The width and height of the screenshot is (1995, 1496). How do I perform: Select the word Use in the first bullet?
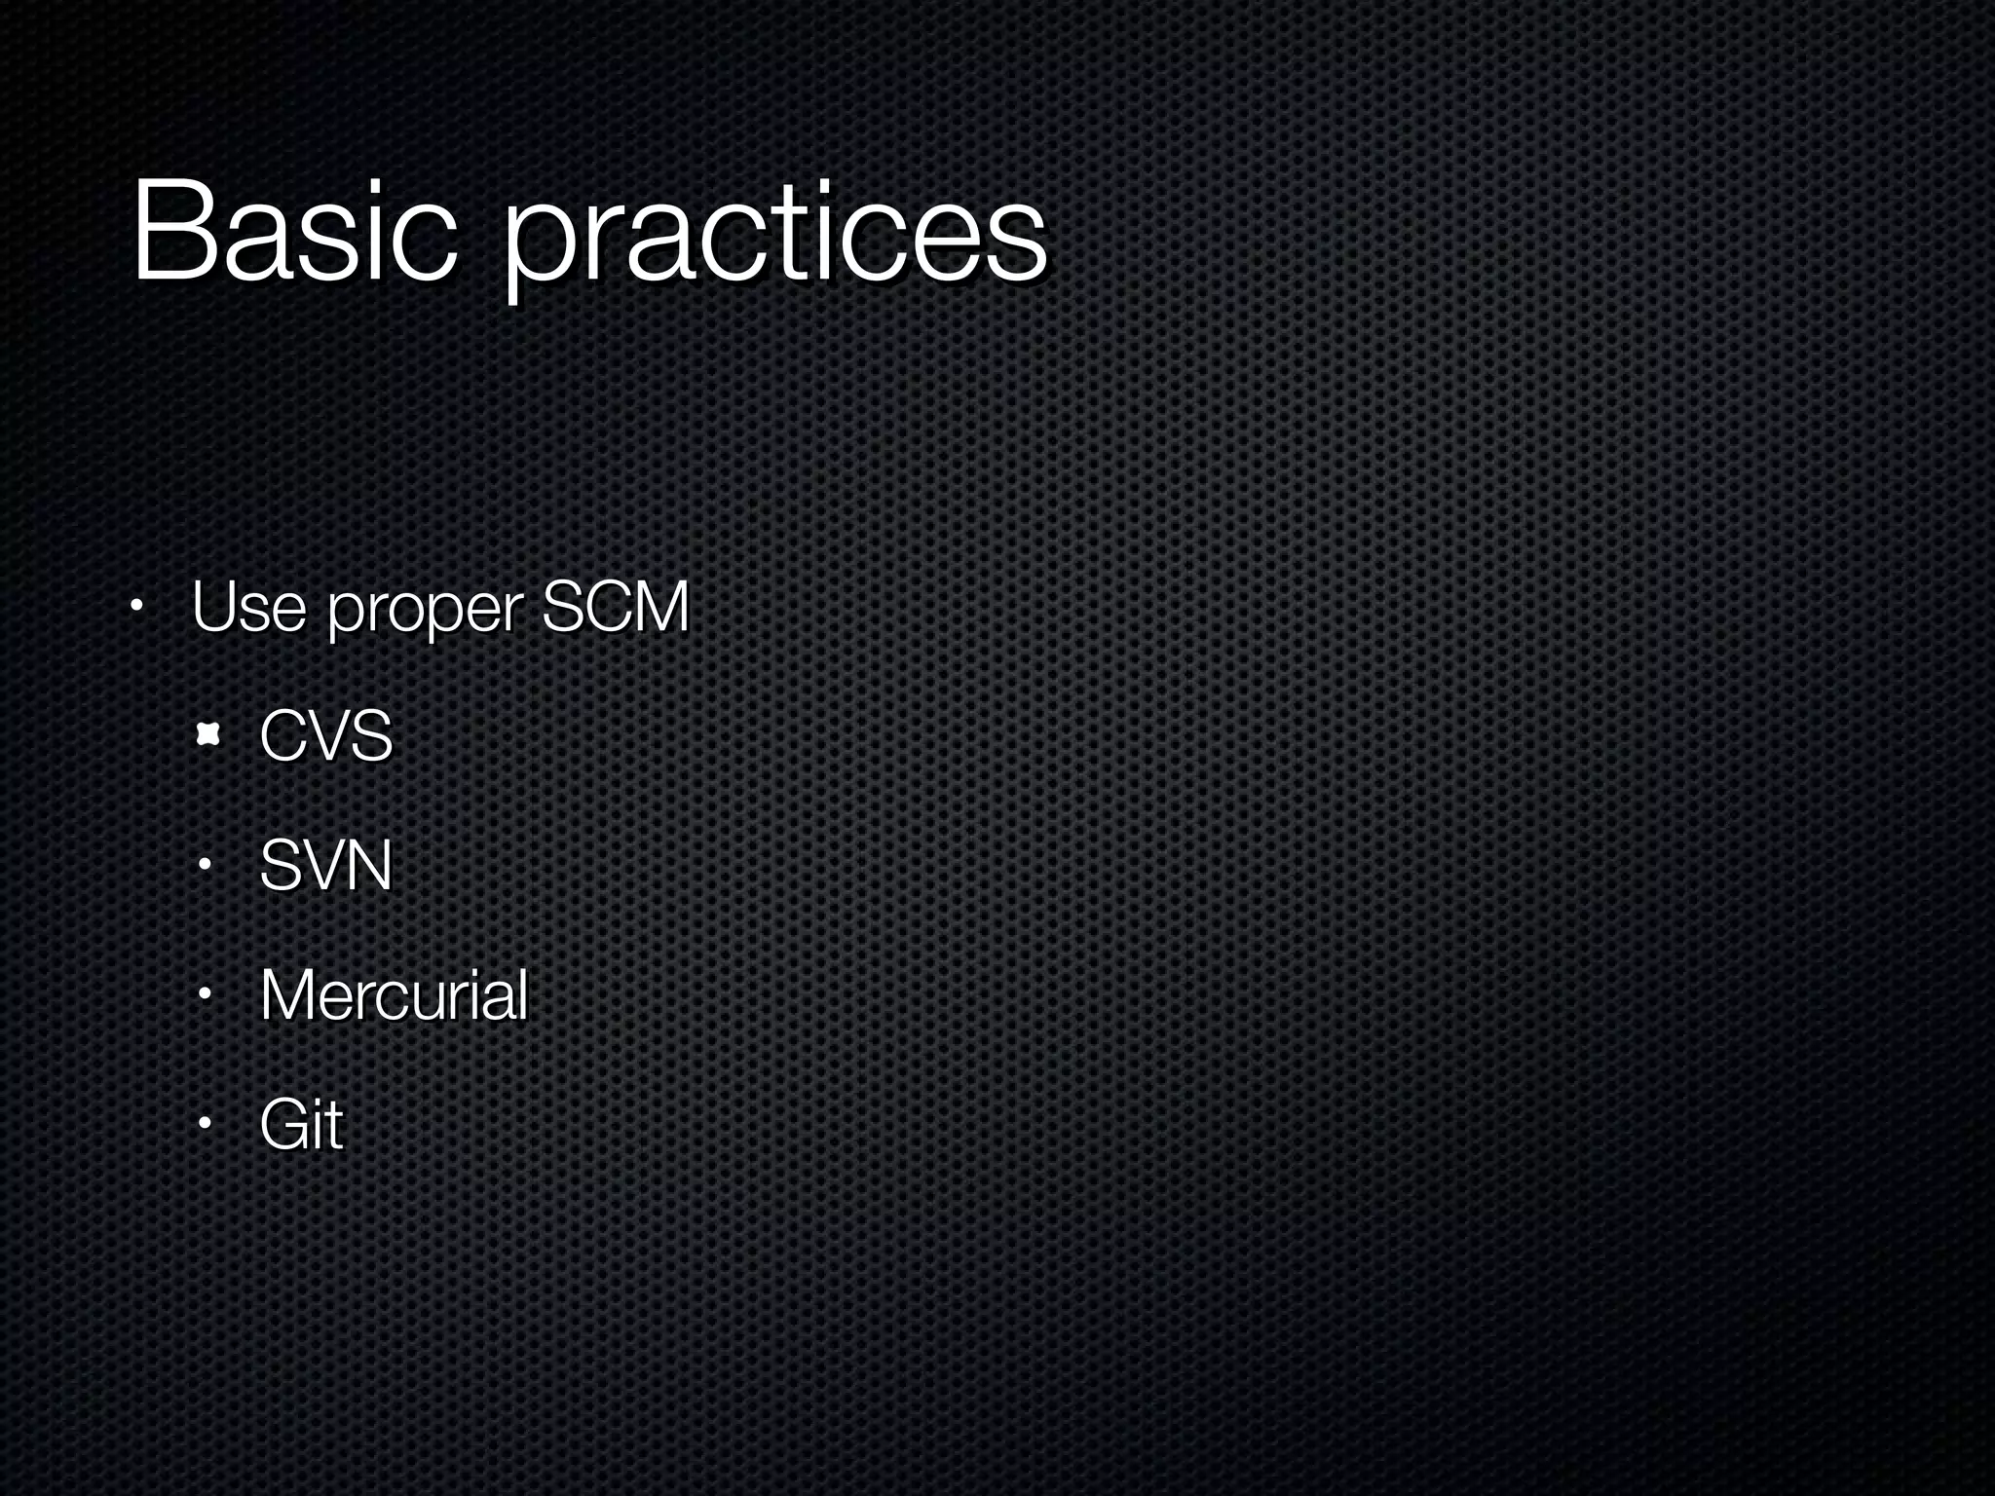coord(249,607)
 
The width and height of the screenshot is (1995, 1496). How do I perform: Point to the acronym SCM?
coord(615,606)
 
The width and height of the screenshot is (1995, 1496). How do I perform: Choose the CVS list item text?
coord(325,735)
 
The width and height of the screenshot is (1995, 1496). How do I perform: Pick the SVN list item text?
coord(325,865)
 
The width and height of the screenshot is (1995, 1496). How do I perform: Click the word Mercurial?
coord(394,995)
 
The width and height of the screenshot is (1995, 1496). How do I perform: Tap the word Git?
coord(301,1125)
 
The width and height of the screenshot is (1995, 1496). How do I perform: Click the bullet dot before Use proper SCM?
coord(137,612)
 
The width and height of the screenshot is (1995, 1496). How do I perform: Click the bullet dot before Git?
coord(205,1125)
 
